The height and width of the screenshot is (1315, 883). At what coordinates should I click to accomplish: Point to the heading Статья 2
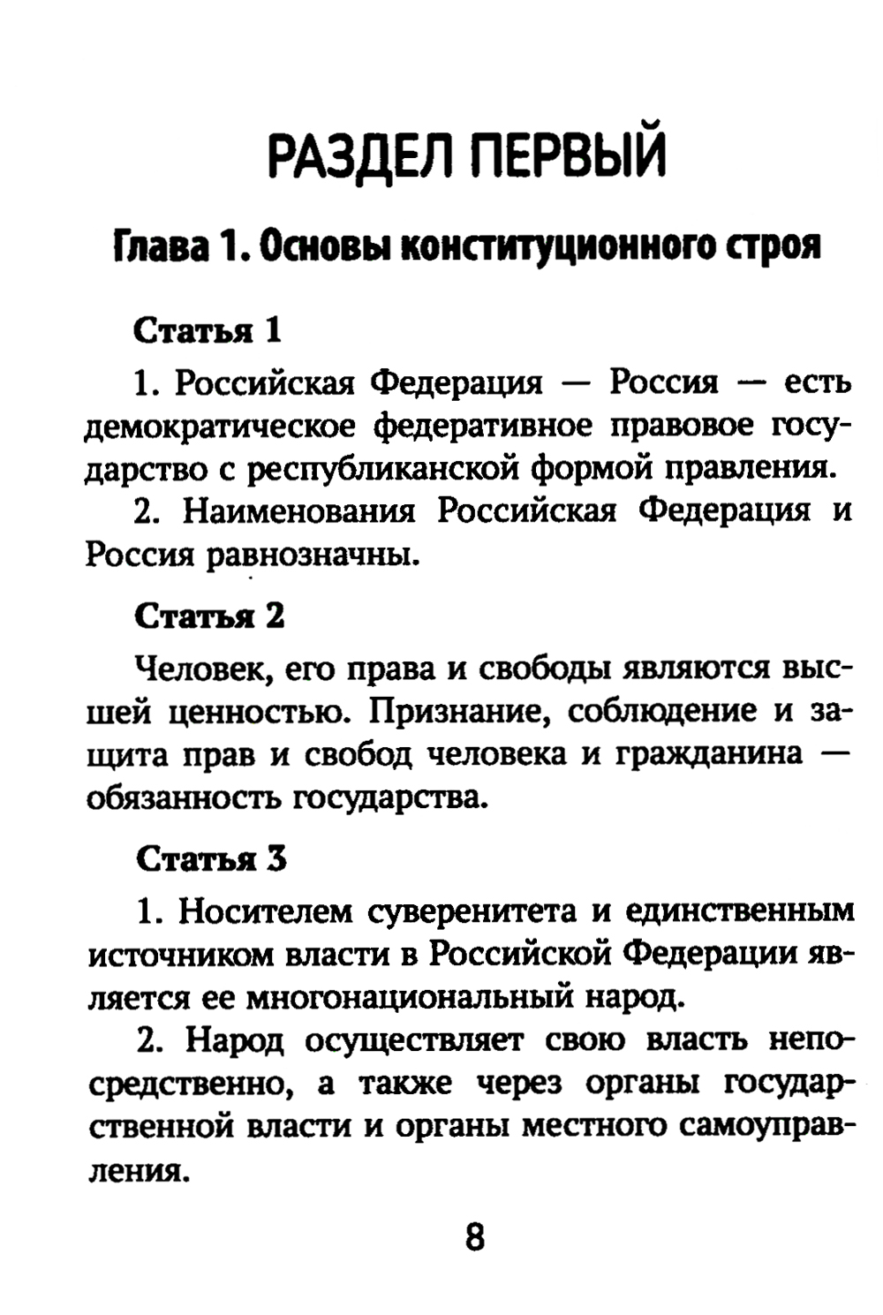[x=209, y=616]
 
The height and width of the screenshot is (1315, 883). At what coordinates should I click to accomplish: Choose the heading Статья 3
[x=211, y=858]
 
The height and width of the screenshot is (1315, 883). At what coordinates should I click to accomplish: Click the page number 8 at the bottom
[x=474, y=1237]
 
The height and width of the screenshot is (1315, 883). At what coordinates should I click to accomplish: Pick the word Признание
[x=451, y=712]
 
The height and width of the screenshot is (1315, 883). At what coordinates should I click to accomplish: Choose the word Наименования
[x=299, y=512]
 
